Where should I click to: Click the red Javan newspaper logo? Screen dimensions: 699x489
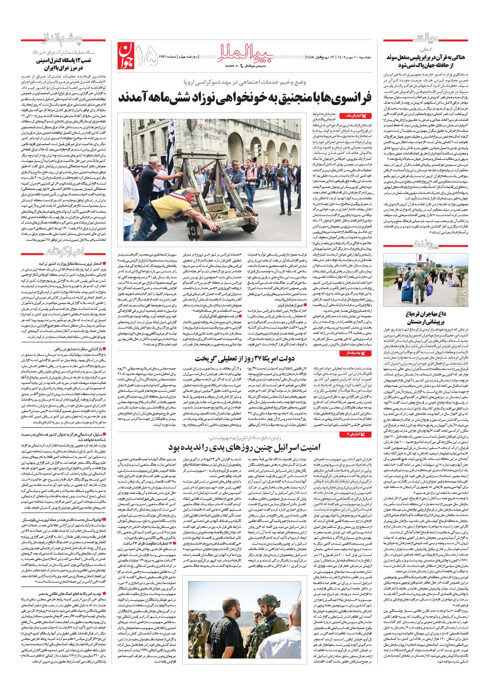coord(127,53)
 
